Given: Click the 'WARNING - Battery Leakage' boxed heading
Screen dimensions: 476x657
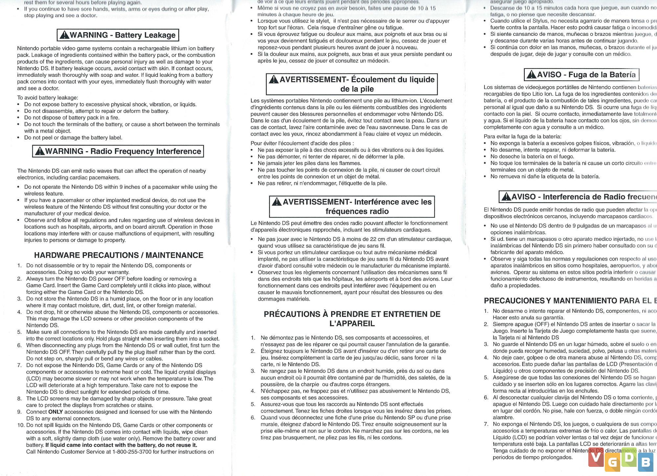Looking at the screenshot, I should [118, 35].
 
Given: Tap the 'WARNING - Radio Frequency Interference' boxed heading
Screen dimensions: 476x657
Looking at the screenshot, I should [118, 151].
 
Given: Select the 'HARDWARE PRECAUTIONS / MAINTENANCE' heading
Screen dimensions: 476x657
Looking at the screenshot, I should [119, 255].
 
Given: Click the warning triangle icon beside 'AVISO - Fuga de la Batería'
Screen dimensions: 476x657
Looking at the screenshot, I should [531, 75].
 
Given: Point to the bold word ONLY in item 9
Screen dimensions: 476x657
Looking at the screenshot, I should [56, 412].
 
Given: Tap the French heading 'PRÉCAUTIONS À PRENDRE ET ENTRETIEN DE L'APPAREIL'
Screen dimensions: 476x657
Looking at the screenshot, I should [352, 319].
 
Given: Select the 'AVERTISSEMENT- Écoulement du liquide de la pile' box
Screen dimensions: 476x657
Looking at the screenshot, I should [352, 84].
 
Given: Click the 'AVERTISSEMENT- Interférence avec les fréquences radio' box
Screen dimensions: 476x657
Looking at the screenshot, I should [352, 206].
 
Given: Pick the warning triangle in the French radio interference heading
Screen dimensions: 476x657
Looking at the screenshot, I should [277, 202].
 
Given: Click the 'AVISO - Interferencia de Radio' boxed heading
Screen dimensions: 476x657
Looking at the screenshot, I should [578, 197].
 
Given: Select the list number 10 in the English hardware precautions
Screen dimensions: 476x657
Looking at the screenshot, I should [21, 425].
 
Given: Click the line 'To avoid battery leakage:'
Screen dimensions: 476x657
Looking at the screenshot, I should [48, 98].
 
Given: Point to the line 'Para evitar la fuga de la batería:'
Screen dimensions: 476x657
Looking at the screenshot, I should [522, 136].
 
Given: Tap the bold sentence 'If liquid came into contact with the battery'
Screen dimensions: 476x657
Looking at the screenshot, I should [121, 445].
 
